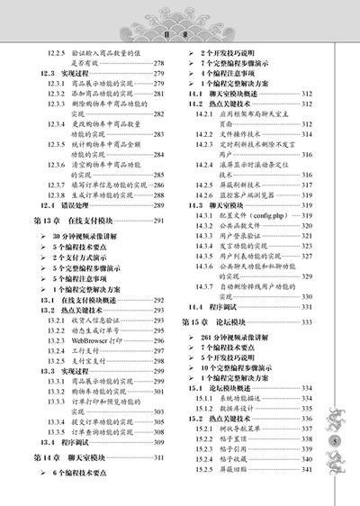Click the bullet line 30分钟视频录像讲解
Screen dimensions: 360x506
[87, 236]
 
